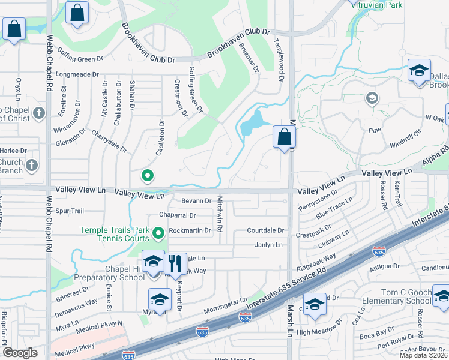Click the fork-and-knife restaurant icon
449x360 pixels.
click(175, 263)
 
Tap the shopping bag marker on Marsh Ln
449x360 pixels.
click(284, 137)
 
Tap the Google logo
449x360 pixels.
click(20, 353)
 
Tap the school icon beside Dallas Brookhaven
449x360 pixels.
click(420, 71)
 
